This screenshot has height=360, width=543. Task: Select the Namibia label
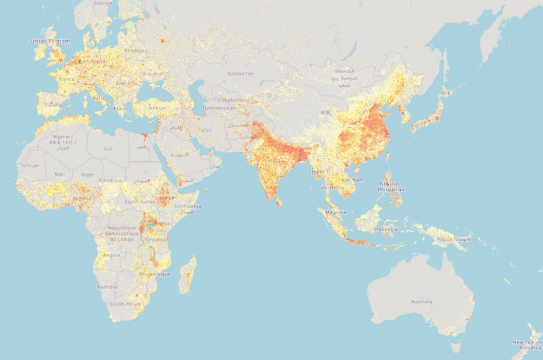108,285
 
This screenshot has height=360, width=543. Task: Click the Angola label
111,255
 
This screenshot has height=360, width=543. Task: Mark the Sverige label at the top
104,3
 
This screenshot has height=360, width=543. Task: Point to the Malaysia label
335,211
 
